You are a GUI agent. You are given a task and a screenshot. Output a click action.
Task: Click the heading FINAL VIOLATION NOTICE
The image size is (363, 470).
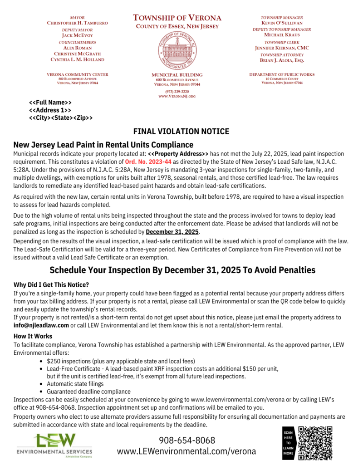pos(181,132)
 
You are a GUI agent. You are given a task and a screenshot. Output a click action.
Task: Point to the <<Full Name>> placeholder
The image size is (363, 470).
pos(50,103)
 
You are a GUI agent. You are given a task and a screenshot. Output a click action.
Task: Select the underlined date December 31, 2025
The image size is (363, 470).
pos(172,232)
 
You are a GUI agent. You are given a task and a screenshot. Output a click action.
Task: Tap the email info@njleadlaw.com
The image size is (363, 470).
pos(41,325)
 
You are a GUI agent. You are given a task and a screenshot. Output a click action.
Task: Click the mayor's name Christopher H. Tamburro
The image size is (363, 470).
pos(77,23)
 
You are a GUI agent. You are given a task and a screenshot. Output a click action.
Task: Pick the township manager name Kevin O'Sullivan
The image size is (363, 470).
pos(282,23)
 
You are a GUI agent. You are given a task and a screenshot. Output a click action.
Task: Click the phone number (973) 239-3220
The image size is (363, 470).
pos(177,91)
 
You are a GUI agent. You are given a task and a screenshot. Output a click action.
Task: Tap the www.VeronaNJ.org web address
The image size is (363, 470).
pos(177,97)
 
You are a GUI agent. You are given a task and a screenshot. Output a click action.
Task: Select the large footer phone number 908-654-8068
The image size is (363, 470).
pos(186,440)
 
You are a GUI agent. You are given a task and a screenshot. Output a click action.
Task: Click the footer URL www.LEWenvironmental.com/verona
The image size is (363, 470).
pos(186,451)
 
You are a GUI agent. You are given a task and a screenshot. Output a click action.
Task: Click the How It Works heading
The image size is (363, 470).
pos(33,336)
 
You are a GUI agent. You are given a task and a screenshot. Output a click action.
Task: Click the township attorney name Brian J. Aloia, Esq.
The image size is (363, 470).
pos(282,60)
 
